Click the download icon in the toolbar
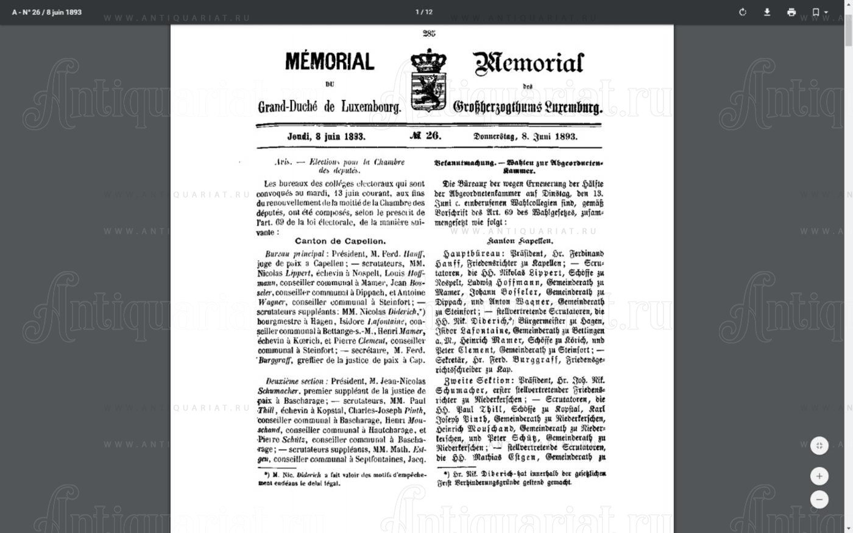coord(767,12)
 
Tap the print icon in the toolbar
coord(791,12)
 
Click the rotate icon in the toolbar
coord(743,12)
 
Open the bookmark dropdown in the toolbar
coord(819,12)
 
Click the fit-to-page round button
coord(819,446)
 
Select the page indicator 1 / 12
coord(424,12)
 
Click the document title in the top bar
coord(47,12)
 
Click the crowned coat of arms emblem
coord(428,79)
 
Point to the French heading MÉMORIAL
coord(329,62)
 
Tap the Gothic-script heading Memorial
coord(528,63)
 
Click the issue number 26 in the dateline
coord(426,136)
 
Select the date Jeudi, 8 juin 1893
coord(326,136)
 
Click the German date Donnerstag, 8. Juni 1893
coord(525,136)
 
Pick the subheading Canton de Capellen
coord(340,241)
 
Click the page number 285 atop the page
coord(429,34)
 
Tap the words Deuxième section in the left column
coord(294,381)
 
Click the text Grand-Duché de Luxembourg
coord(329,107)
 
